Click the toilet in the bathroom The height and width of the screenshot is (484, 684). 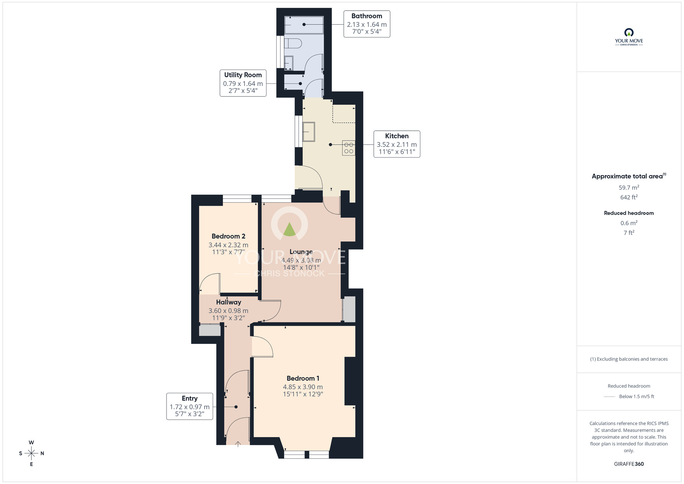pos(293,43)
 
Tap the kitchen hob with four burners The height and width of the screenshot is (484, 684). pos(348,148)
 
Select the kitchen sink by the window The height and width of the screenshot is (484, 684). pos(308,132)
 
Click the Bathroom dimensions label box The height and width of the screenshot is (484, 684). pos(367,24)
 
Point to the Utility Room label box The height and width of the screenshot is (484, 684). pos(243,83)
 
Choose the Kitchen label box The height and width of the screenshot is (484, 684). pos(397,144)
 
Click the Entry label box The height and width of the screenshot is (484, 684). pos(189,406)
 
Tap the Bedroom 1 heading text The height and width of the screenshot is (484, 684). pos(303,378)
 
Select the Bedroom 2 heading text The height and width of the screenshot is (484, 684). pos(228,236)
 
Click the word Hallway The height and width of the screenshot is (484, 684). pos(228,302)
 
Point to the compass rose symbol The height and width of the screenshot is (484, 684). pos(31,454)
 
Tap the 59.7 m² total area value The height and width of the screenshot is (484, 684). pos(629,188)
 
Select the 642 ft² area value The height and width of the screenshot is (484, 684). pos(629,197)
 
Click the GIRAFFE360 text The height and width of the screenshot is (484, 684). pos(629,464)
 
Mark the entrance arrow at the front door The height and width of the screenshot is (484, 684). pos(238,444)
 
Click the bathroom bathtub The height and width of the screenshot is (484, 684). pos(304,25)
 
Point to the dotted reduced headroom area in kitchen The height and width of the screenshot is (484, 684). pos(344,114)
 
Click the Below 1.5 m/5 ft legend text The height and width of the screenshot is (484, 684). pos(636,396)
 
